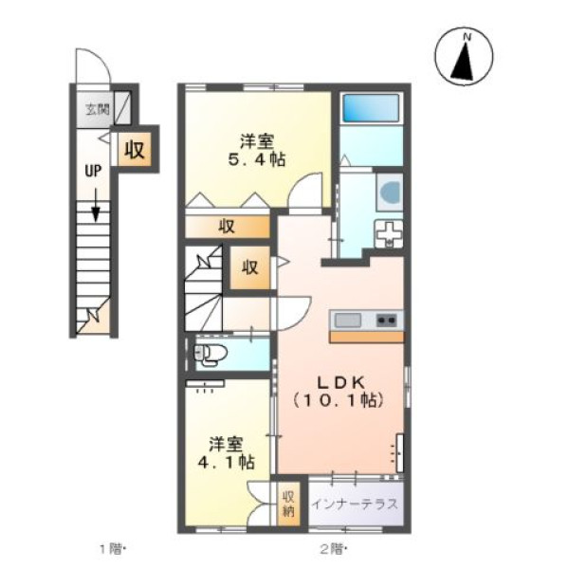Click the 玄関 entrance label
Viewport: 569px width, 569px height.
[98, 109]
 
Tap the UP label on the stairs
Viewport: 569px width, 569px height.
[93, 171]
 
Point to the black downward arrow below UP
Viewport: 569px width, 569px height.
[96, 205]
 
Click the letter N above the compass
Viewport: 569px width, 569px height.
[467, 37]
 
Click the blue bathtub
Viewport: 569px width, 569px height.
[371, 108]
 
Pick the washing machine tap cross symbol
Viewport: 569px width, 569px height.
[389, 232]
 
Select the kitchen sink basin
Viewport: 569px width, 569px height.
[348, 321]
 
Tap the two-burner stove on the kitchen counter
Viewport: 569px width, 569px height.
[386, 321]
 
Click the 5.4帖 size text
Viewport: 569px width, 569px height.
[257, 159]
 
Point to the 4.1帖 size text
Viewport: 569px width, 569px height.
[226, 463]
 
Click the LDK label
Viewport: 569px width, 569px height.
[340, 382]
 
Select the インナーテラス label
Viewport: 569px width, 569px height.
[355, 505]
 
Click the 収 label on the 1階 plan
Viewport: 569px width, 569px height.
[135, 149]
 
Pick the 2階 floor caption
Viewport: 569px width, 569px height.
[333, 549]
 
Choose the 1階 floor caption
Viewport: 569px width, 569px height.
[113, 549]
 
